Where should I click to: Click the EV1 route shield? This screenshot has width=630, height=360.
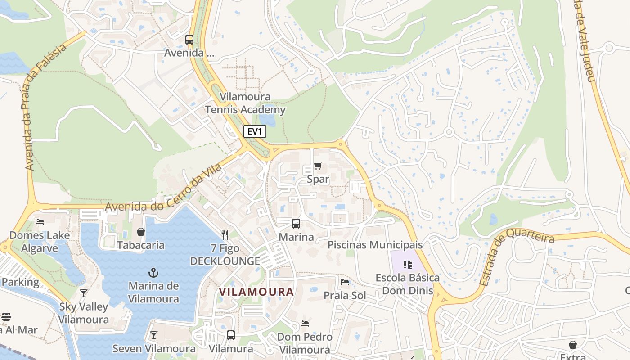tap(255, 131)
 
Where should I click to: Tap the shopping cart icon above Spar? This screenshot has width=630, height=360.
tap(318, 166)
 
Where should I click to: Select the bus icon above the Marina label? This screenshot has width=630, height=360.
tap(296, 223)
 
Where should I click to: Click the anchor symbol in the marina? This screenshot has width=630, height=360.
tap(154, 273)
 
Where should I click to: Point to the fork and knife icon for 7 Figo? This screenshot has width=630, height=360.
tap(225, 234)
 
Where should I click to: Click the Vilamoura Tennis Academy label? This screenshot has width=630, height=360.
tap(245, 103)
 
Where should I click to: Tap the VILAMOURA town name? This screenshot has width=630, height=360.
tap(256, 292)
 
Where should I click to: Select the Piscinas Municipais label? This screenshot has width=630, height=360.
tap(375, 245)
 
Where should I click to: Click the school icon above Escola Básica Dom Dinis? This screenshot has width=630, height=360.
tap(408, 264)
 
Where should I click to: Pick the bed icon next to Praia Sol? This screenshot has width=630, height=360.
tap(345, 282)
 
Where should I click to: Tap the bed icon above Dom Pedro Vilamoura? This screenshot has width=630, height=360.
tap(305, 324)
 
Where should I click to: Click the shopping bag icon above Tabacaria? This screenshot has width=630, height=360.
tap(141, 232)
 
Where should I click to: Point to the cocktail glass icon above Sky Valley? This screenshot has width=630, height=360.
tap(83, 293)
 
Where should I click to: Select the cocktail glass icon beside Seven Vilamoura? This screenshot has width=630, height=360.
tap(154, 335)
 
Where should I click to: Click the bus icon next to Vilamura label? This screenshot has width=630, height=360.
tap(231, 335)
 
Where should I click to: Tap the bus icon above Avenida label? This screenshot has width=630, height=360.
tap(189, 40)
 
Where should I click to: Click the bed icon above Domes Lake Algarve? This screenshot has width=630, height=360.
tap(40, 222)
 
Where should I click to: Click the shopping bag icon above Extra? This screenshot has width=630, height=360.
tap(573, 345)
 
